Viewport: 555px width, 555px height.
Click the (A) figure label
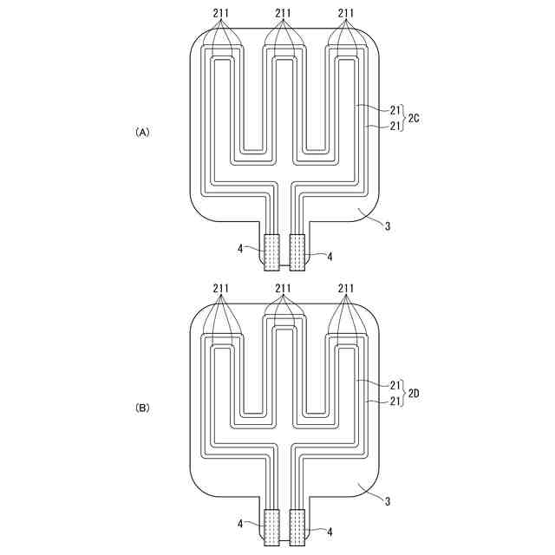coord(143,133)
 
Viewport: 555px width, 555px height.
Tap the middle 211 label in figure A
coord(284,13)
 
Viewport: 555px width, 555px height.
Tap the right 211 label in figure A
coord(346,13)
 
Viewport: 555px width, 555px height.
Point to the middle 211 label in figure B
coord(284,288)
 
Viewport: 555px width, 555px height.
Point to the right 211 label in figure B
coord(346,288)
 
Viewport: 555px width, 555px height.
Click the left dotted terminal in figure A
coord(271,253)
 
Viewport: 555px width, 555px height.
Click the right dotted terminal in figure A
coord(297,253)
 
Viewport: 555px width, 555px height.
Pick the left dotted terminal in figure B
coord(271,527)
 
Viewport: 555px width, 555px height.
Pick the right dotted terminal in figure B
coord(297,527)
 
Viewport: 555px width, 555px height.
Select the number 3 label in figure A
coord(388,227)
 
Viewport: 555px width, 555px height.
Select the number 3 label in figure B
coord(388,501)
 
